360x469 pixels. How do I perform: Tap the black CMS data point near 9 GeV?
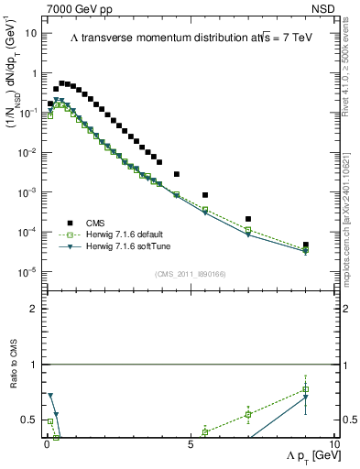[305, 245]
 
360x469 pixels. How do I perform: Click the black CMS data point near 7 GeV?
[248, 219]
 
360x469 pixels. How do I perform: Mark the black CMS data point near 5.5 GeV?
[205, 195]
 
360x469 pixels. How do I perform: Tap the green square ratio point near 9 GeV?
[305, 389]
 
